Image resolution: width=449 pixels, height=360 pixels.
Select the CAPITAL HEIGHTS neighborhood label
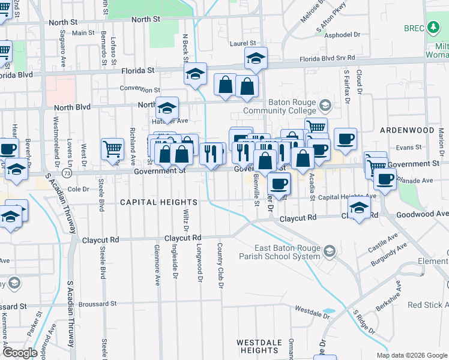(x=158, y=202)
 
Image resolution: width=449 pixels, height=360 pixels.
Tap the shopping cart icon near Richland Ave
(x=112, y=149)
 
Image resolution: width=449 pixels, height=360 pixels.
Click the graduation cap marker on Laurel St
(x=256, y=58)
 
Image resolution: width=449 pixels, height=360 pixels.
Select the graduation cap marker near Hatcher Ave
(x=167, y=108)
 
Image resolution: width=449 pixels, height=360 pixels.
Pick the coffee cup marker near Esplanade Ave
(x=385, y=178)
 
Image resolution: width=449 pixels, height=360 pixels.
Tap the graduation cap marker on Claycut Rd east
(x=359, y=208)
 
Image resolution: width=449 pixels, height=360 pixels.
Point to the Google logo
(x=20, y=353)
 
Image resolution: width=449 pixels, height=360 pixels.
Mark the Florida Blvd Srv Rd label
(x=327, y=58)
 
